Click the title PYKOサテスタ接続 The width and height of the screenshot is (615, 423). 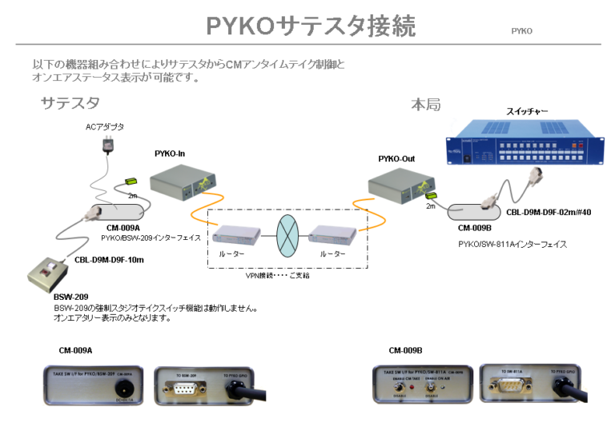[x=311, y=26]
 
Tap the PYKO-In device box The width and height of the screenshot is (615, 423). [x=184, y=182]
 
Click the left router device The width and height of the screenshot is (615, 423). [x=236, y=234]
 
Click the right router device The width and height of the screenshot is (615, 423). [x=333, y=234]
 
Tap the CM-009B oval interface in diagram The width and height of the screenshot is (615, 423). [x=473, y=214]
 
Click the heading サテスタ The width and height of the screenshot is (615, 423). [x=70, y=102]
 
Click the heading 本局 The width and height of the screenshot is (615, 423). [x=425, y=105]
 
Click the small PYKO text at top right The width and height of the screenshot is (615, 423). [x=521, y=31]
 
